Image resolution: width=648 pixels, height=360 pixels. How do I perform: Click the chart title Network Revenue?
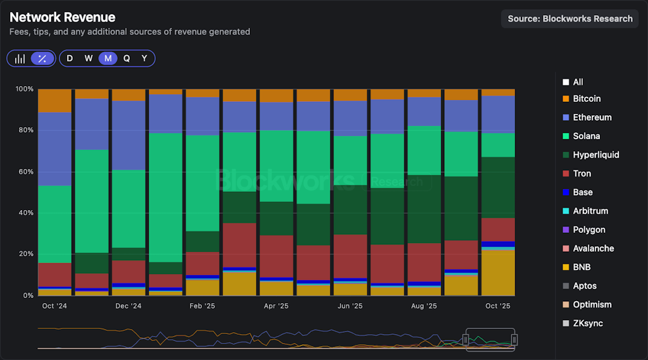pyautogui.click(x=63, y=18)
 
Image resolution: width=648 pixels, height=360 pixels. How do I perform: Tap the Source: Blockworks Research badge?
pyautogui.click(x=570, y=18)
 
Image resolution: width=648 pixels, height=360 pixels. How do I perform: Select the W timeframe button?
pyautogui.click(x=89, y=58)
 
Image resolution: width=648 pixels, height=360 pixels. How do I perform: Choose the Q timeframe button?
pyautogui.click(x=127, y=58)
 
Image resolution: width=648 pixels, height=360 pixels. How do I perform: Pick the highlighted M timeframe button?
pyautogui.click(x=108, y=58)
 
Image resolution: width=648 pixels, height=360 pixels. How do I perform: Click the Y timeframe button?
pyautogui.click(x=144, y=58)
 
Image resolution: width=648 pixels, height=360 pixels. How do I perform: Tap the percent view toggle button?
pyautogui.click(x=42, y=58)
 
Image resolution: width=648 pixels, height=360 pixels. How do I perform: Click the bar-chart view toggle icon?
pyautogui.click(x=20, y=58)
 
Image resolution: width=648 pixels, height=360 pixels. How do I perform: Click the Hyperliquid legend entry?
pyautogui.click(x=595, y=155)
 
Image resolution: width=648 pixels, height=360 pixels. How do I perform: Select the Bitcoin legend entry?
pyautogui.click(x=587, y=99)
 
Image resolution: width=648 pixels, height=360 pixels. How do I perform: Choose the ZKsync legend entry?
pyautogui.click(x=587, y=323)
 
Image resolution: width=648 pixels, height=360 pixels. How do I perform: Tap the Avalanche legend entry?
pyautogui.click(x=593, y=249)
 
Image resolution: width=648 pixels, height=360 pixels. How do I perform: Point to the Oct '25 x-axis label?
pyautogui.click(x=498, y=306)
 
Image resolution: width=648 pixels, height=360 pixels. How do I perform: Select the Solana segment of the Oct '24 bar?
pyautogui.click(x=54, y=224)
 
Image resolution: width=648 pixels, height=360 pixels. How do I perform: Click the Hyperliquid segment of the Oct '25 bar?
pyautogui.click(x=498, y=187)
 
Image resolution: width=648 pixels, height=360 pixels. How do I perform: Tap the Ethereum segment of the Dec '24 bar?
pyautogui.click(x=128, y=135)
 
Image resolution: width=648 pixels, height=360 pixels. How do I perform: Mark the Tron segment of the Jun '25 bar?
pyautogui.click(x=350, y=256)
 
